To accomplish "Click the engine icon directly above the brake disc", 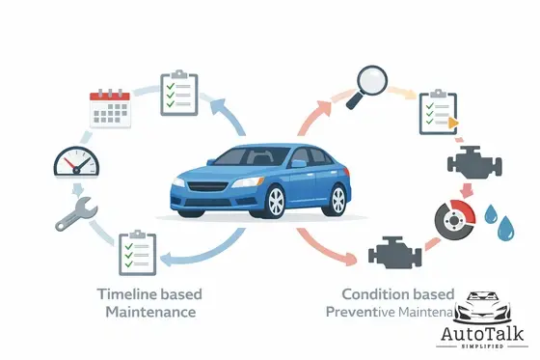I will (x=469, y=161).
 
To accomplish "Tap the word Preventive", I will (x=362, y=313).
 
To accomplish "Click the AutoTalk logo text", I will (x=483, y=333).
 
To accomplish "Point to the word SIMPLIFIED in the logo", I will (x=483, y=349).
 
